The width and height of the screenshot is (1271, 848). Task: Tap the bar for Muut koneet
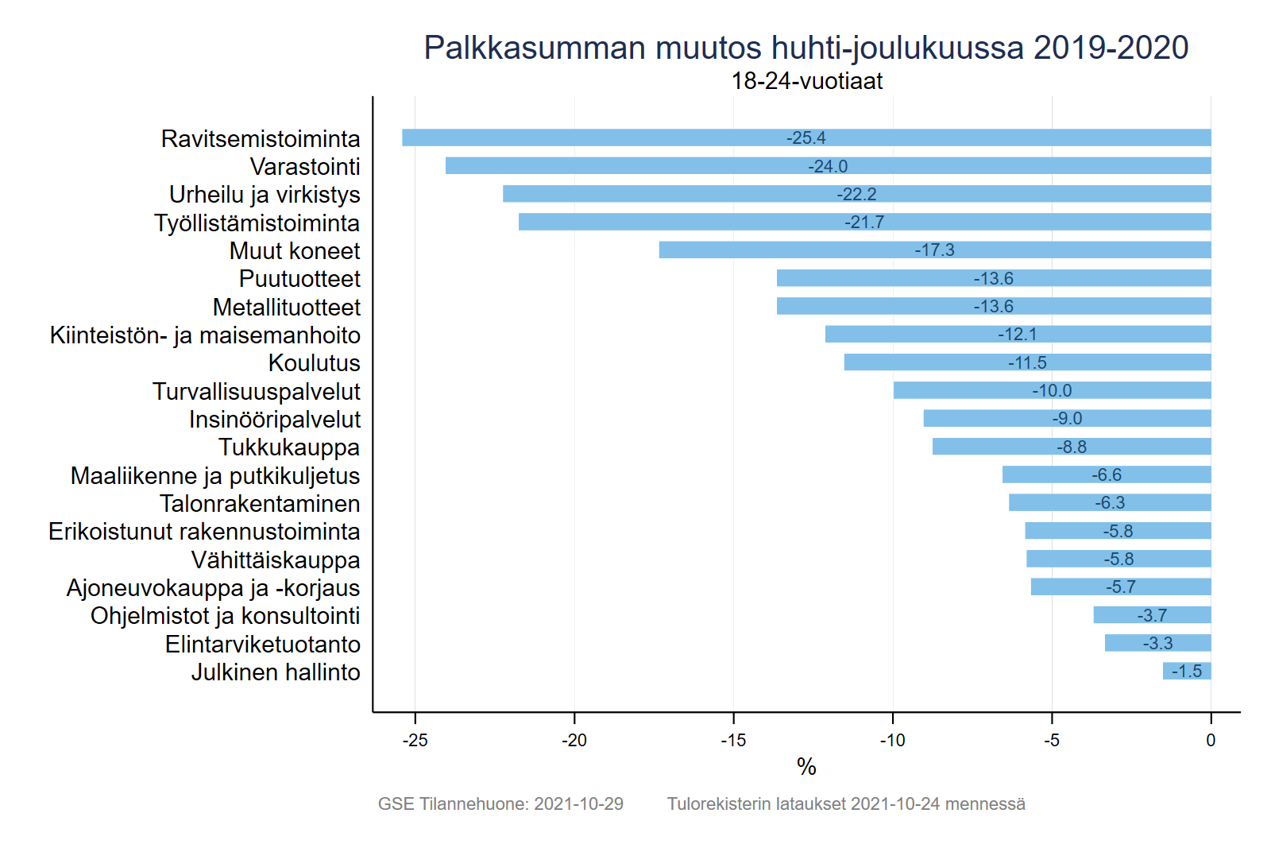click(794, 250)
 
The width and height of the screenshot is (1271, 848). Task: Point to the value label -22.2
click(856, 194)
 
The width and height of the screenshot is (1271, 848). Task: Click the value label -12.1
click(1018, 335)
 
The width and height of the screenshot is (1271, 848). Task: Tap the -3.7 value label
click(1152, 615)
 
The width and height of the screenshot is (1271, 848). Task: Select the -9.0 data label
click(1067, 419)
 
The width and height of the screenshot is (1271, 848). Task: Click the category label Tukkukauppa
click(289, 447)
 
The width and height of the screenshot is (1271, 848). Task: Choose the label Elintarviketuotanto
click(262, 644)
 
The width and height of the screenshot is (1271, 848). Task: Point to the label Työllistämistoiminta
click(257, 223)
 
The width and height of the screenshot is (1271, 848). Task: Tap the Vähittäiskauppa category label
click(276, 560)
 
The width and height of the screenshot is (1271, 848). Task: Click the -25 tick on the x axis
click(415, 741)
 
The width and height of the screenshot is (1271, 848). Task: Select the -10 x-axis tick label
click(892, 741)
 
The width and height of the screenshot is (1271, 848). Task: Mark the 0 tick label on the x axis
click(1211, 741)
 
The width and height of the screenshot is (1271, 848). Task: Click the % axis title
click(806, 767)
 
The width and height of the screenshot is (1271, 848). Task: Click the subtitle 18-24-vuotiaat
click(806, 81)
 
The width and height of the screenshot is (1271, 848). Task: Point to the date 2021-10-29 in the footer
click(578, 804)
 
